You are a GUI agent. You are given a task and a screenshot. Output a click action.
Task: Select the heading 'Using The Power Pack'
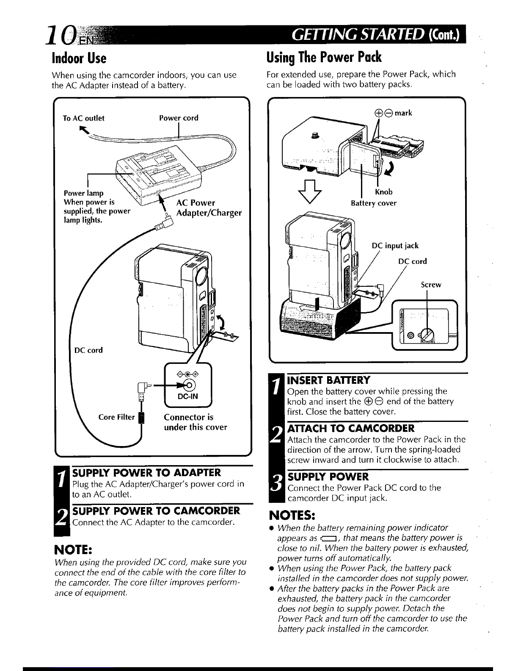click(x=324, y=57)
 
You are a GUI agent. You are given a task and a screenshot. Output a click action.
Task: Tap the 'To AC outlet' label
click(x=83, y=118)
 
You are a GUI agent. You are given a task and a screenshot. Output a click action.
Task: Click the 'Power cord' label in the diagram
click(x=179, y=118)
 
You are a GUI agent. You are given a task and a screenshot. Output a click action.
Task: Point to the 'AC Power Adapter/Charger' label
click(x=209, y=208)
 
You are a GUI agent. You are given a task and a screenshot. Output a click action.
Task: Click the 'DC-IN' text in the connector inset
click(x=187, y=397)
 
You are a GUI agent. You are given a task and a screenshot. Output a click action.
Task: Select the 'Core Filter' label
click(x=116, y=417)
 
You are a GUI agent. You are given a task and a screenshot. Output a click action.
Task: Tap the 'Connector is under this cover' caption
click(x=195, y=422)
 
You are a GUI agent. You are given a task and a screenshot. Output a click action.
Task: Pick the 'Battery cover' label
click(x=374, y=203)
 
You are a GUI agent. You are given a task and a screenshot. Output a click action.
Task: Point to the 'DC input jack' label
click(x=395, y=246)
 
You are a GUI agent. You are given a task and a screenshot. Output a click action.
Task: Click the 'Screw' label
click(x=431, y=285)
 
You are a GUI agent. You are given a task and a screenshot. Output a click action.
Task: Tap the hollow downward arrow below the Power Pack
click(x=311, y=197)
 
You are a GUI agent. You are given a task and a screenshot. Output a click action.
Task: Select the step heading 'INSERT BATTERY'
click(x=329, y=380)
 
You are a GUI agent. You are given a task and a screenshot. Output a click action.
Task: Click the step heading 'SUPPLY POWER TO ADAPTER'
click(x=147, y=473)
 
